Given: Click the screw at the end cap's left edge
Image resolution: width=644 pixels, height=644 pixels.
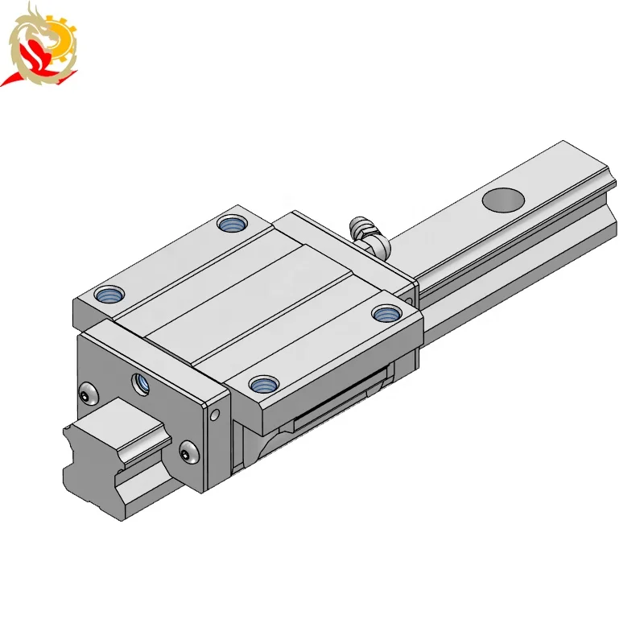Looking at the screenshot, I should click(x=86, y=394).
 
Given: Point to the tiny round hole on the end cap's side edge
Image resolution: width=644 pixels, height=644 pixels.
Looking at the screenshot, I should click(x=214, y=416).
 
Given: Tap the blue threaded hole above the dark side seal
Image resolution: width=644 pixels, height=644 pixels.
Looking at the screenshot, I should click(x=261, y=383).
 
